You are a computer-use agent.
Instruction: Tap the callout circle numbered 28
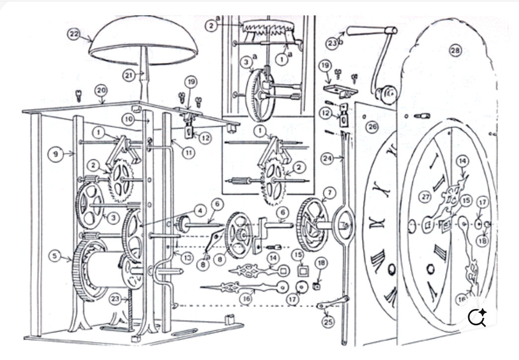tap(455, 50)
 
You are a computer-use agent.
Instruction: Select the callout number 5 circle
tap(56, 256)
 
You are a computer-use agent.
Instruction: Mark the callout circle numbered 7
tap(331, 192)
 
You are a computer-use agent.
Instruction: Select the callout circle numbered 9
tap(55, 154)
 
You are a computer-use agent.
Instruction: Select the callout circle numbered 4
tap(200, 212)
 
